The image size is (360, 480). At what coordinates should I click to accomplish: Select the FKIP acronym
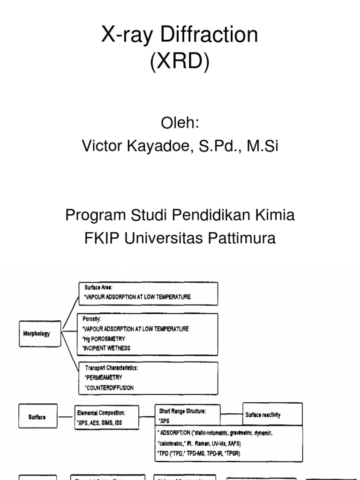tap(101, 238)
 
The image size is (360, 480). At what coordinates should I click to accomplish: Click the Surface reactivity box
tap(263, 415)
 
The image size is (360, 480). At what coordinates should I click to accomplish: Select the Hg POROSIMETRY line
tap(105, 338)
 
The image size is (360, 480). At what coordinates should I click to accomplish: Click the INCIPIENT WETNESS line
tap(106, 348)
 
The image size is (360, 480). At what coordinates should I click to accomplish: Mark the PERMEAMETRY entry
tap(104, 377)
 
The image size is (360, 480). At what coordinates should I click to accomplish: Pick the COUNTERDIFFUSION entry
tap(109, 388)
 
